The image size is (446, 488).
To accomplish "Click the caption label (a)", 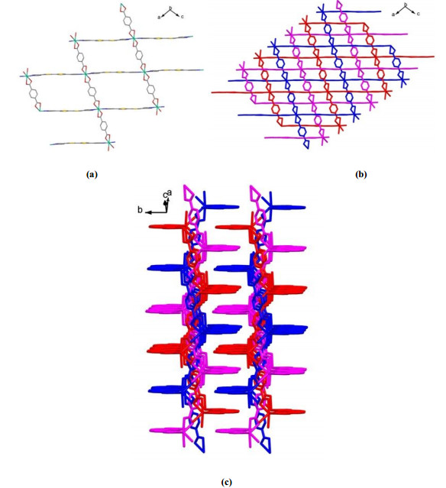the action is [x=92, y=174].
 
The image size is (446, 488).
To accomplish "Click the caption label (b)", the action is [x=361, y=174].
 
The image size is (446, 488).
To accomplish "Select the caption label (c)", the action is [x=226, y=482].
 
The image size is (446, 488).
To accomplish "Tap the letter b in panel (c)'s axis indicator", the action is [x=140, y=210].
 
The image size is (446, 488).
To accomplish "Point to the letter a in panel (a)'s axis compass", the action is [x=159, y=18].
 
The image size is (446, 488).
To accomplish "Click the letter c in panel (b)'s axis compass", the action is [x=419, y=14].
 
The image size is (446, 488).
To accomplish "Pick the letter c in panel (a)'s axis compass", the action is [x=182, y=17].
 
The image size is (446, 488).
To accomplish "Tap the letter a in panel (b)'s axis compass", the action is [x=393, y=15].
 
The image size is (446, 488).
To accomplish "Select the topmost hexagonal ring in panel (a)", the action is [x=127, y=21].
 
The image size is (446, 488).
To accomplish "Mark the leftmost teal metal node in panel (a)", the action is [x=27, y=76].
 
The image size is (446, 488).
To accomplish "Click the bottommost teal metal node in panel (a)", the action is [x=109, y=143].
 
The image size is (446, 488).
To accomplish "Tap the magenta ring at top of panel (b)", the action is [x=340, y=5].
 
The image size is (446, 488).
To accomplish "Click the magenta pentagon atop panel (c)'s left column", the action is [x=188, y=192].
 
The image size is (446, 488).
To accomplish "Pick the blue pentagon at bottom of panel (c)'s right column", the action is [x=266, y=444].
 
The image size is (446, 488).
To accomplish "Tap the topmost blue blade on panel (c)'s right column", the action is [x=286, y=207].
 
